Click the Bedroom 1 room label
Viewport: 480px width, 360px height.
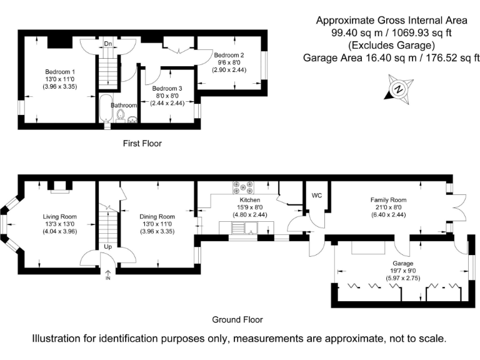pyautogui.click(x=60, y=72)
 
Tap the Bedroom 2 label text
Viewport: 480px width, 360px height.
pyautogui.click(x=229, y=55)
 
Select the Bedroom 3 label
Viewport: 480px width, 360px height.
pyautogui.click(x=167, y=89)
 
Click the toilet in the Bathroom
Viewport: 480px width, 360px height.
pyautogui.click(x=121, y=115)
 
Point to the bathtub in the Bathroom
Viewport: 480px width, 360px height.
pyautogui.click(x=106, y=108)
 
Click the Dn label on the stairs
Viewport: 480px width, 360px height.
pyautogui.click(x=108, y=44)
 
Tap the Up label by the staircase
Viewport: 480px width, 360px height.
pyautogui.click(x=108, y=247)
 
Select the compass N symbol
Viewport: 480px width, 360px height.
pyautogui.click(x=399, y=89)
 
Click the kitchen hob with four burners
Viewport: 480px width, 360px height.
pyautogui.click(x=243, y=187)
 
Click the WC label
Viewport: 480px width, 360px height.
pyautogui.click(x=317, y=195)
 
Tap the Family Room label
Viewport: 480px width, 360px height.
pyautogui.click(x=389, y=200)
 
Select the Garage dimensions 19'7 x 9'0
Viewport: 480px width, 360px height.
pyautogui.click(x=403, y=271)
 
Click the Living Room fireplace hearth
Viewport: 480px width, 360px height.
pyautogui.click(x=60, y=192)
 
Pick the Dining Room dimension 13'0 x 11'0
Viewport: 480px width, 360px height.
pyautogui.click(x=157, y=224)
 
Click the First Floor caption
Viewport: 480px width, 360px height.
pyautogui.click(x=142, y=144)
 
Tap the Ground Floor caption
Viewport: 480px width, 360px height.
pyautogui.click(x=237, y=320)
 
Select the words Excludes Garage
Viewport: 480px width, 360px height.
pyautogui.click(x=392, y=45)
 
